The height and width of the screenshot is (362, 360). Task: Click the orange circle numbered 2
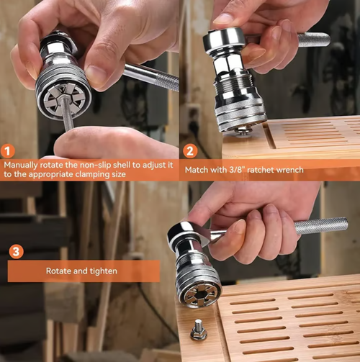[190, 151]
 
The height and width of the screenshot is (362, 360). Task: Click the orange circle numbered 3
[15, 251]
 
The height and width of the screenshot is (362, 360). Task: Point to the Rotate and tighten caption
[84, 271]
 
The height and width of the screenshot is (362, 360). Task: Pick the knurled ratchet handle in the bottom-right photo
[320, 225]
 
